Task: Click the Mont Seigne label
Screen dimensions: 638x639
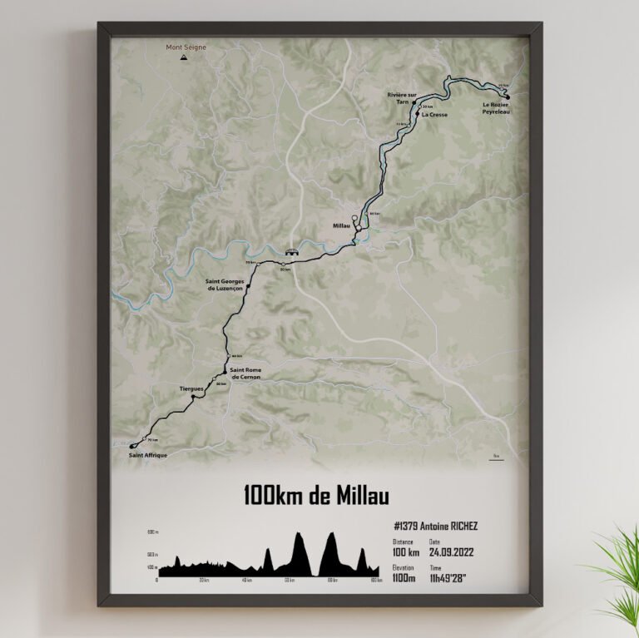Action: click(x=186, y=47)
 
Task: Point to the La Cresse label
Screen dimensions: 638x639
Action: click(x=434, y=115)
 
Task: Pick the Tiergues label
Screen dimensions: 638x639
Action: click(x=192, y=388)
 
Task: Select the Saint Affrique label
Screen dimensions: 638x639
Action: click(x=148, y=456)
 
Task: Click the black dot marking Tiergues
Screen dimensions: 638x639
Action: click(x=193, y=398)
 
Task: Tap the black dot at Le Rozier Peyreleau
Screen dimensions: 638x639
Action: click(x=507, y=96)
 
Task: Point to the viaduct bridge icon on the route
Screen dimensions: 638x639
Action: click(x=291, y=250)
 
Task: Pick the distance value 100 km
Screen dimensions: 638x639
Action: click(x=405, y=551)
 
